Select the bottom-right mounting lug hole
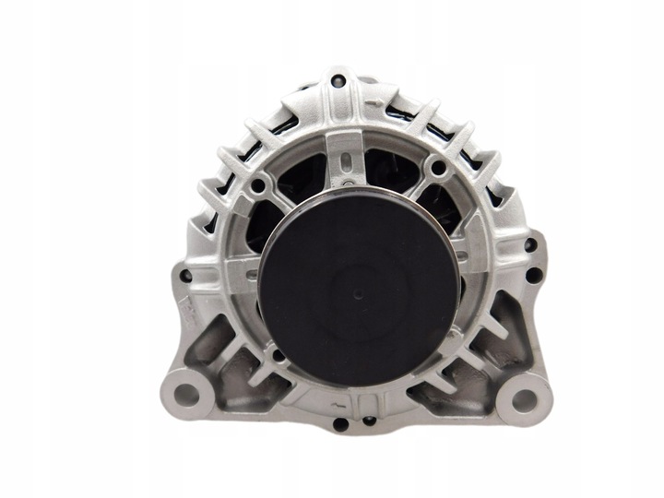click(x=522, y=399)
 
